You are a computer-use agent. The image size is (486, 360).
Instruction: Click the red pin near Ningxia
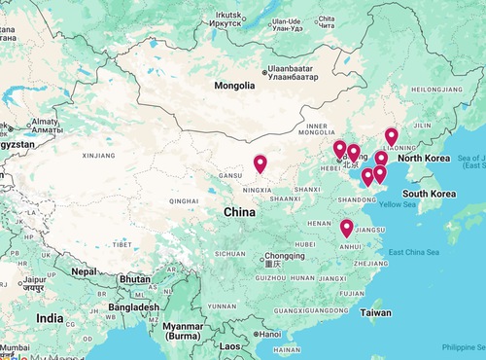(260, 164)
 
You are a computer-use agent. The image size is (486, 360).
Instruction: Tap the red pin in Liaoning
(392, 137)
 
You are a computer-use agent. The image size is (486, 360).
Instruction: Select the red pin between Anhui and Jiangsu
(347, 229)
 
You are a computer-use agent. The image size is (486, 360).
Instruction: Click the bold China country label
(240, 211)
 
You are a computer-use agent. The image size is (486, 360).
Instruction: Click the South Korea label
(430, 194)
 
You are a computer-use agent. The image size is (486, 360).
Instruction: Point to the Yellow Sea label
(398, 204)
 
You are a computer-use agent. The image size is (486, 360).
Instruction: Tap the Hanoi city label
(269, 334)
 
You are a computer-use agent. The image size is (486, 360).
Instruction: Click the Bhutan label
(135, 278)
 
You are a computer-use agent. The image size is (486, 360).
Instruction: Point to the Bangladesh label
(134, 307)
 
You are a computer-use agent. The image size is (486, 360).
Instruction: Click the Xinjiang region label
(99, 155)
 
